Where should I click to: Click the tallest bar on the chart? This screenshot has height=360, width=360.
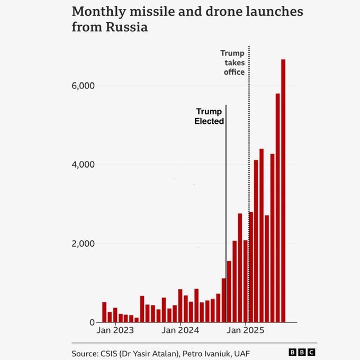(283, 191)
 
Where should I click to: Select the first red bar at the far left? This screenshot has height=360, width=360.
(104, 312)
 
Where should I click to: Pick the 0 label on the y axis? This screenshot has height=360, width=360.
(92, 322)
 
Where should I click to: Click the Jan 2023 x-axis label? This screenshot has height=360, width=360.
(115, 331)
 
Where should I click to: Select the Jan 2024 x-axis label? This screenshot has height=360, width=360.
(181, 331)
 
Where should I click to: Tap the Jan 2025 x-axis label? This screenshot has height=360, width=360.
(246, 331)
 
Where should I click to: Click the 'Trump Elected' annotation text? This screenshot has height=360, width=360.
(209, 116)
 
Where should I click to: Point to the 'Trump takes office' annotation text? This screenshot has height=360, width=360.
(232, 62)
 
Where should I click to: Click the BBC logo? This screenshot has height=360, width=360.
(302, 352)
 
